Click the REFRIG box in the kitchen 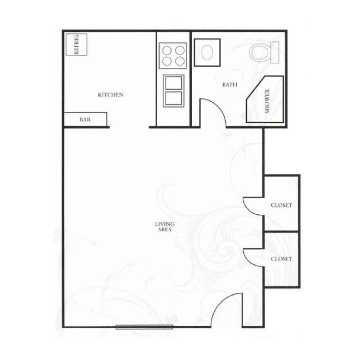(x=76, y=45)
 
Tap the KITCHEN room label (x=111, y=95)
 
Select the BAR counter (x=85, y=119)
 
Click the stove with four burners (x=173, y=56)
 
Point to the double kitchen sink (x=173, y=90)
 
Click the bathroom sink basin (x=207, y=52)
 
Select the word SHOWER (x=267, y=101)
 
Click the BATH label (x=230, y=85)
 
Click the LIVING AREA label (x=165, y=226)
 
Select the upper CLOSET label (x=281, y=205)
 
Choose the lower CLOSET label (x=281, y=259)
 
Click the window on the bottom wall (x=144, y=327)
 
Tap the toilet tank (x=275, y=52)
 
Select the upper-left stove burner (x=167, y=50)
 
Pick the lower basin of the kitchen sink (x=173, y=98)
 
